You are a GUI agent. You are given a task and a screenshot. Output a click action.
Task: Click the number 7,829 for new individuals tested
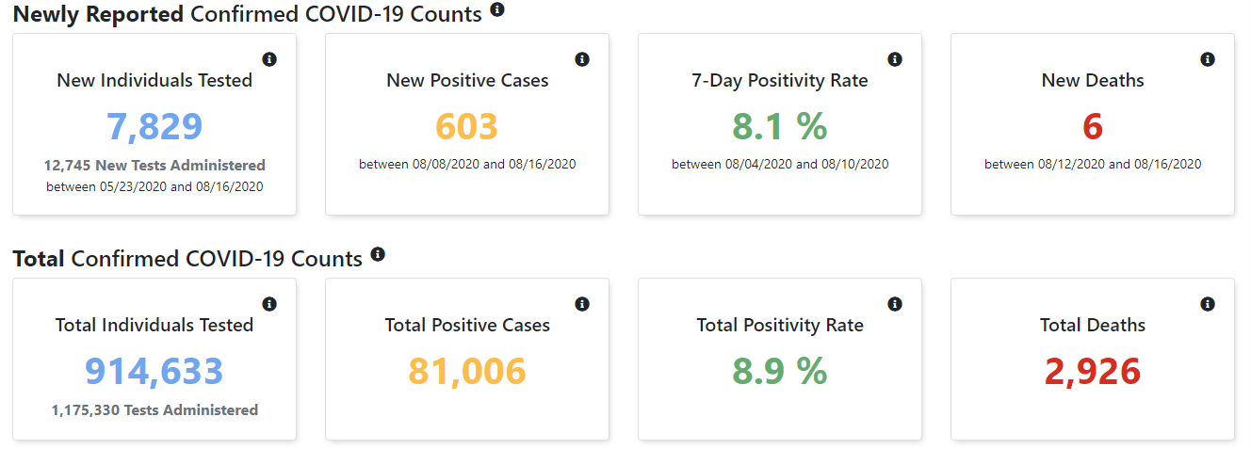[154, 127]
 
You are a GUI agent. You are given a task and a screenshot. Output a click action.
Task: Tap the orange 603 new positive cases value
[467, 127]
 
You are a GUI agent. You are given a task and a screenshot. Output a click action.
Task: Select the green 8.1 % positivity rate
[779, 127]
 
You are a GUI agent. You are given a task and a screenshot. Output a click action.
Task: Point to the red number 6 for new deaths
[1093, 127]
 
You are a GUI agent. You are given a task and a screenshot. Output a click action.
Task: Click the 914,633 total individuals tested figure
[154, 372]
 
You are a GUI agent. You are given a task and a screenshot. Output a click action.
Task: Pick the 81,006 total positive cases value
[467, 372]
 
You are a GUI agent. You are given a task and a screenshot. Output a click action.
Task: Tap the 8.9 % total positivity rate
[779, 372]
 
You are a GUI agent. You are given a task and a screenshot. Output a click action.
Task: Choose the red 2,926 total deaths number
[1093, 372]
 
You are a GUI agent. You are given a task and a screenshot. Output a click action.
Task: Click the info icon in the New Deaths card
[1208, 59]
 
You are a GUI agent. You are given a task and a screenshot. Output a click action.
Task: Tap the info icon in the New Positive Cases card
[582, 59]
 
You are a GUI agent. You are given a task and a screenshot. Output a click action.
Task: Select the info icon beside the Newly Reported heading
[497, 9]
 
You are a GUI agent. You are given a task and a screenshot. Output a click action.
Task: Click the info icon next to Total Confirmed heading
[378, 254]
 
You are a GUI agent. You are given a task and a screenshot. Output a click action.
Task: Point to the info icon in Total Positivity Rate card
[895, 304]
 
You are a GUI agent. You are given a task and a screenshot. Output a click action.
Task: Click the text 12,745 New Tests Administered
[154, 165]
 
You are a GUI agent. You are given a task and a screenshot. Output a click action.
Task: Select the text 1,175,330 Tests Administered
[154, 409]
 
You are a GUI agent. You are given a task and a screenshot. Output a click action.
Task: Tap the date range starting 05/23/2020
[154, 186]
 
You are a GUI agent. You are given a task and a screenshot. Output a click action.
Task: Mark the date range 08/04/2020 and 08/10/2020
[780, 164]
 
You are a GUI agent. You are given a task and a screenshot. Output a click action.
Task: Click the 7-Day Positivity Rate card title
[780, 81]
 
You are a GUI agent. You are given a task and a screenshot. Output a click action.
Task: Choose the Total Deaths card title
[1093, 326]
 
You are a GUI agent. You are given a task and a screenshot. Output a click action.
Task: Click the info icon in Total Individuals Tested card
[269, 304]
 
